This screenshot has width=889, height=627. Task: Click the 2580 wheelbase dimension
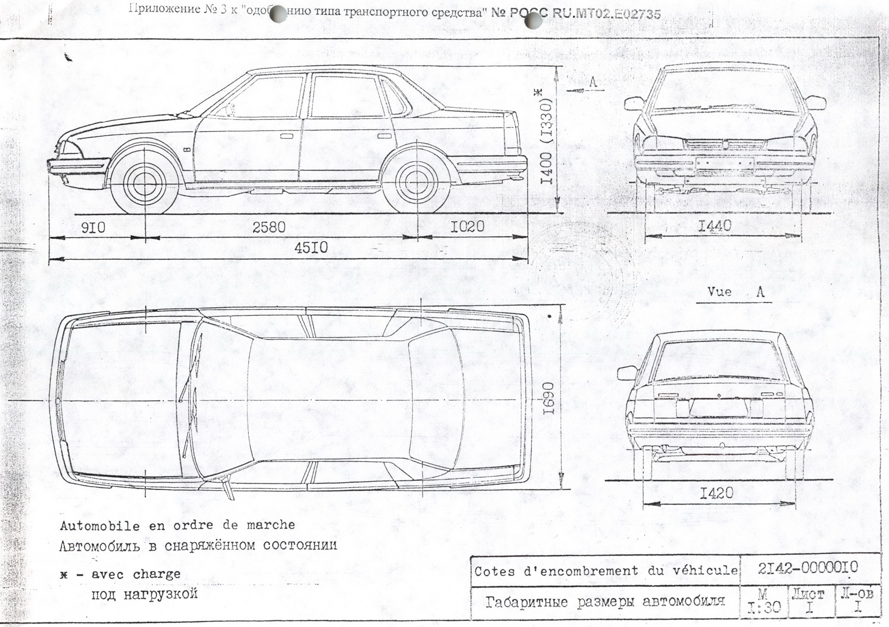point(269,227)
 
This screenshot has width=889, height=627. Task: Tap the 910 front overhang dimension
point(94,228)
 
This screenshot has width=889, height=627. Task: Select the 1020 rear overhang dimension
point(468,226)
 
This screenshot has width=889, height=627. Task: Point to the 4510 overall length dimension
point(311,248)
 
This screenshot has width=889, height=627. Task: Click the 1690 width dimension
point(549,399)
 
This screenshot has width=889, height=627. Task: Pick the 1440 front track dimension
point(715,226)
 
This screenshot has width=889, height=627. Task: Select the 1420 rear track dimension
point(716,493)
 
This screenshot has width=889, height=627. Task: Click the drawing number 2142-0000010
point(808,567)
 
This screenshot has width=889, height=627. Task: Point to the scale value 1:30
point(764,607)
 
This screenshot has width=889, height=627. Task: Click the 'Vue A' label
point(736,292)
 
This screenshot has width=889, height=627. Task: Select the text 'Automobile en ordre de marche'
point(177,525)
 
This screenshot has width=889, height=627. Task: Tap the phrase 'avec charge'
point(136,574)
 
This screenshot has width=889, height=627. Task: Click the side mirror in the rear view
point(627,372)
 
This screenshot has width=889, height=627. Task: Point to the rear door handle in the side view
point(383,136)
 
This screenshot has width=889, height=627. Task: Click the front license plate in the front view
point(724,163)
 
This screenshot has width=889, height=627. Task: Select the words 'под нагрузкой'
point(144,594)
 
